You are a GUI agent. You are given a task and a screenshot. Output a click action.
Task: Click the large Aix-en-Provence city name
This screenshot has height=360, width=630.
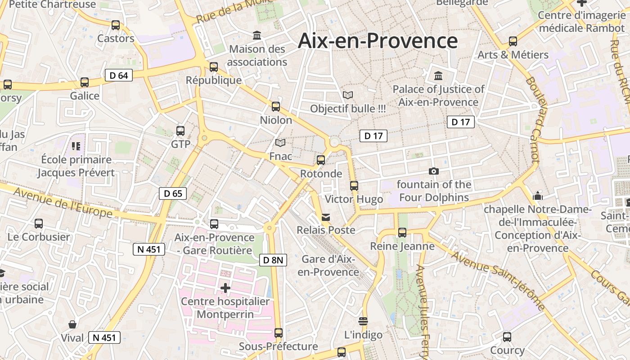pos(378,40)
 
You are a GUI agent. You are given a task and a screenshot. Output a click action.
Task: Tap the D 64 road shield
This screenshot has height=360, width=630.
pos(119,75)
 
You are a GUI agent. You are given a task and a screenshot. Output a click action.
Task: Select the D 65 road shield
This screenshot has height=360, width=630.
pos(173,193)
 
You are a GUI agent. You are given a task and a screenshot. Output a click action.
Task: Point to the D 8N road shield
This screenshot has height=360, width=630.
pos(273,260)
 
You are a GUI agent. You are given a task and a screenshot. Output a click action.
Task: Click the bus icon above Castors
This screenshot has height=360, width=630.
pos(116,25)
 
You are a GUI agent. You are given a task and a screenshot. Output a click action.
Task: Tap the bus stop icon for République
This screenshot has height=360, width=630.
pos(214,67)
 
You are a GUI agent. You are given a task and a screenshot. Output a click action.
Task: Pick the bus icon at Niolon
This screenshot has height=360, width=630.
pos(276,107)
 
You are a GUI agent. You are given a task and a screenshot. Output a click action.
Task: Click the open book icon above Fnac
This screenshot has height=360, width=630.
pos(280,143)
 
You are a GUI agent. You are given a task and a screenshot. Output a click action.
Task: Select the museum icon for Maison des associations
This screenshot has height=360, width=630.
pos(257,35)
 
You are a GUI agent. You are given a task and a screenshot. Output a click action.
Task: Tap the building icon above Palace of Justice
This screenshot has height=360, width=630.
pos(438,76)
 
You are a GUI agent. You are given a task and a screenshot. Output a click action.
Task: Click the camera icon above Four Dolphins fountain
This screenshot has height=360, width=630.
pos(434,171)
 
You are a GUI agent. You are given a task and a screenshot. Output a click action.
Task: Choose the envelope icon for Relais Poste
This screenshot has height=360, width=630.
pos(326,217)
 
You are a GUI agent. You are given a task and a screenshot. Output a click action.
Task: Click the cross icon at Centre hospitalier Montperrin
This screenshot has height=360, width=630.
pos(225,288)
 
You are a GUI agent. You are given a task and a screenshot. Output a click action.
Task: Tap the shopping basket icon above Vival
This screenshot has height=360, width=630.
pos(72,324)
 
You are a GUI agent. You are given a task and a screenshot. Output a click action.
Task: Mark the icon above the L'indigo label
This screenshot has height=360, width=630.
pos(363,321)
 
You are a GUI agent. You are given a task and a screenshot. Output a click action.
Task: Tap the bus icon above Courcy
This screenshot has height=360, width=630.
pos(507,337)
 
